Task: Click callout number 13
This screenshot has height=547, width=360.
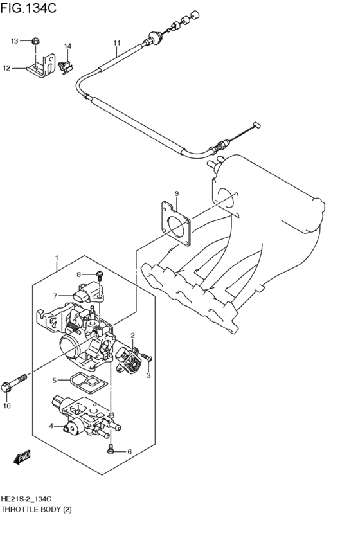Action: (x=14, y=41)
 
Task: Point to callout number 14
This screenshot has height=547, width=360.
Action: (x=67, y=46)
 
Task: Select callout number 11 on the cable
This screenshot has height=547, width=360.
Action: (x=116, y=44)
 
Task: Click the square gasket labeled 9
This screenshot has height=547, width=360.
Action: (x=176, y=222)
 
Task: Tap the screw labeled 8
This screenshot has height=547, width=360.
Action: (x=101, y=276)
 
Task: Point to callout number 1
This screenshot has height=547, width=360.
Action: (x=57, y=260)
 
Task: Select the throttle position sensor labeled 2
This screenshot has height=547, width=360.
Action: (x=130, y=359)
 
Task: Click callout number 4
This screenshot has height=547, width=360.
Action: (x=51, y=426)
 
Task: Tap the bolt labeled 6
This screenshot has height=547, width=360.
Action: (x=112, y=451)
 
